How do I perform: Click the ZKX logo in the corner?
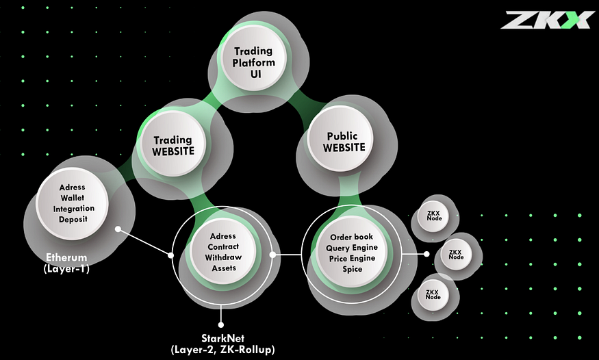546,20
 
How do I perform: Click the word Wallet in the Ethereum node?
72,198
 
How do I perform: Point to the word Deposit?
73,219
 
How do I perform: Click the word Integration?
74,209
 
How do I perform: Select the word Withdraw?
223,257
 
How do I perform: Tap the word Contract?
223,246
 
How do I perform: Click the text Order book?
351,237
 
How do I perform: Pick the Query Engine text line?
352,248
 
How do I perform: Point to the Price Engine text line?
353,259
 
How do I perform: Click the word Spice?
353,269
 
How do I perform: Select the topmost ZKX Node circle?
433,216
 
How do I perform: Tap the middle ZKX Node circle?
456,255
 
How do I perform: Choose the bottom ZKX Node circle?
433,295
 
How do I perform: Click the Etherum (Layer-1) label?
66,263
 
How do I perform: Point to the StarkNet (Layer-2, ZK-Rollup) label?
222,344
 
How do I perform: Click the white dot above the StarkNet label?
221,325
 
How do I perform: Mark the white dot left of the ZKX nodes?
426,254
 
